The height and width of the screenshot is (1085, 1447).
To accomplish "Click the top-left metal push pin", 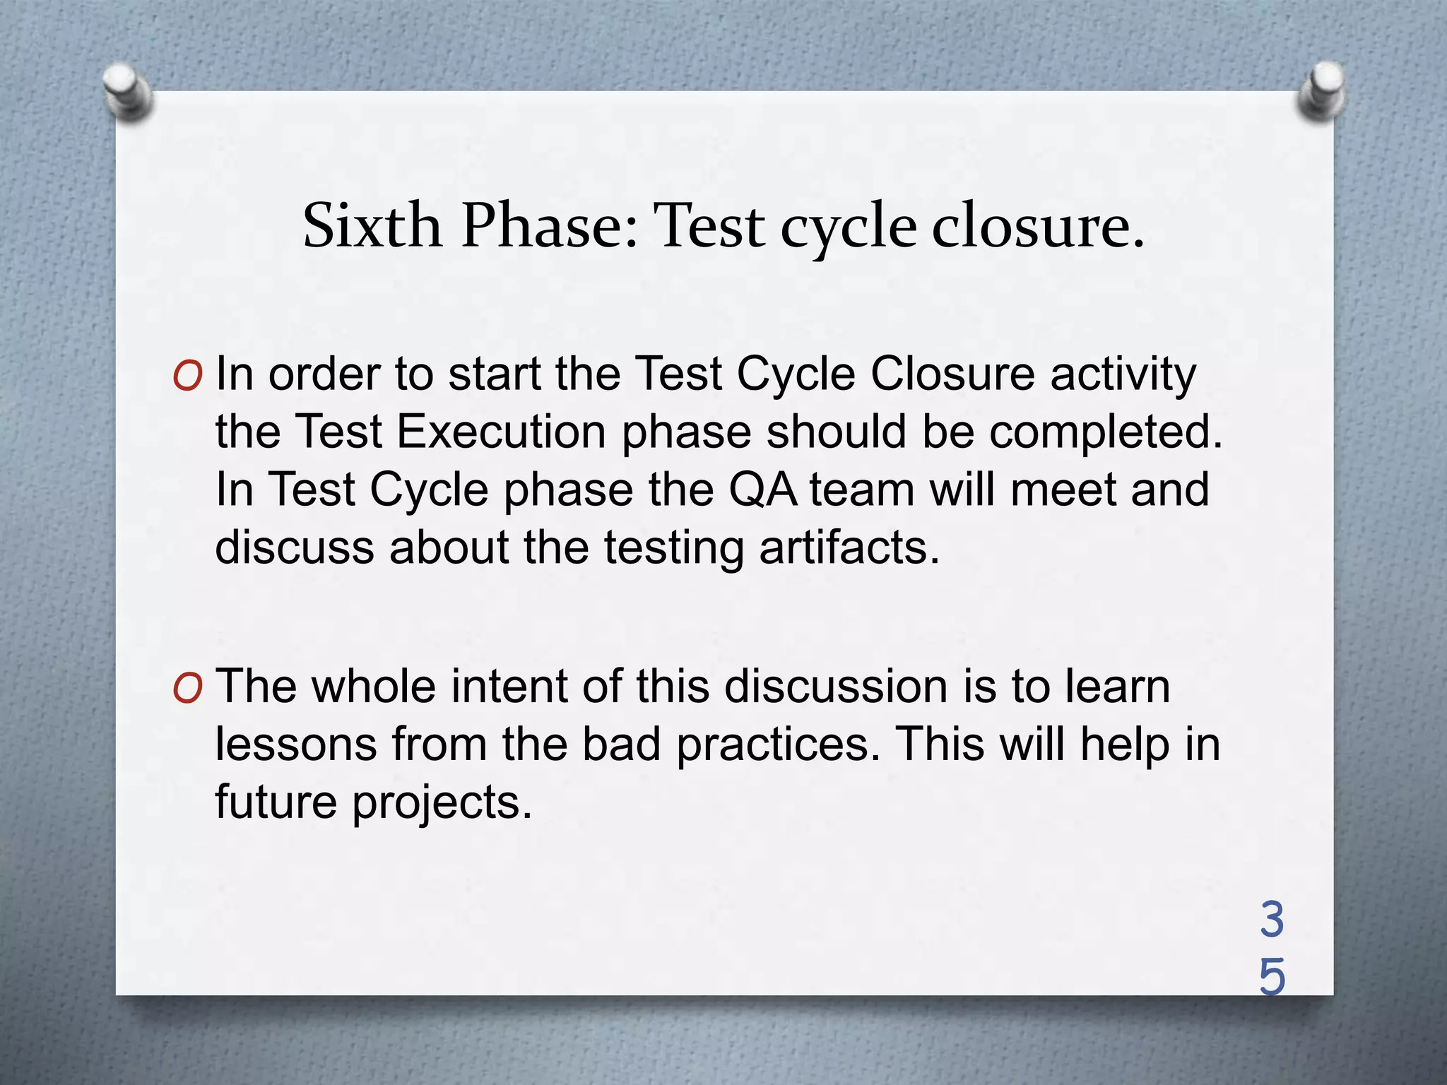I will (x=128, y=91).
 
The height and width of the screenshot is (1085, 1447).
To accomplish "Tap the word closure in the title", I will (x=1036, y=226).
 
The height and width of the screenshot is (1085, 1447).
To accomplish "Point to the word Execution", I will (x=501, y=432).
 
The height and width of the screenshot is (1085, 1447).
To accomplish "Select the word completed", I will (x=1105, y=432).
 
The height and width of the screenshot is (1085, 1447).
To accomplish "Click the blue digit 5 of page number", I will (x=1272, y=978).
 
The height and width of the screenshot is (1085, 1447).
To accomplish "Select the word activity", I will (x=1123, y=375).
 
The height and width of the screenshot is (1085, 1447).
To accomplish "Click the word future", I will (x=276, y=802).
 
